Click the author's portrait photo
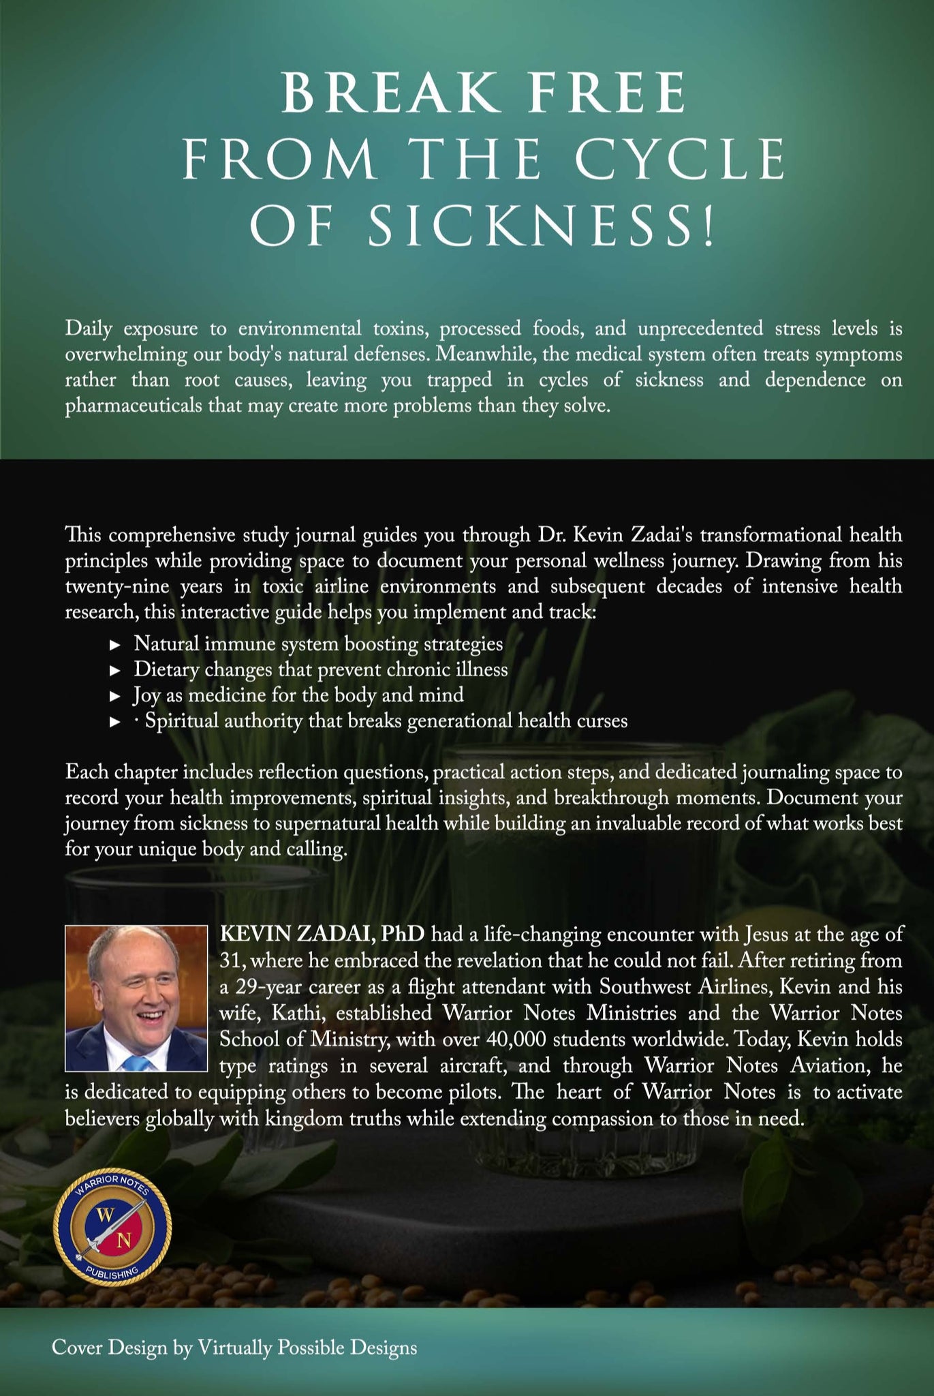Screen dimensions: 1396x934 pos(136,997)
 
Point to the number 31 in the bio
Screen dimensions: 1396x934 pos(228,960)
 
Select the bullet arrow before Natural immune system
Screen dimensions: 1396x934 pos(115,645)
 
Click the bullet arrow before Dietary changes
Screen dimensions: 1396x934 pos(115,671)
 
